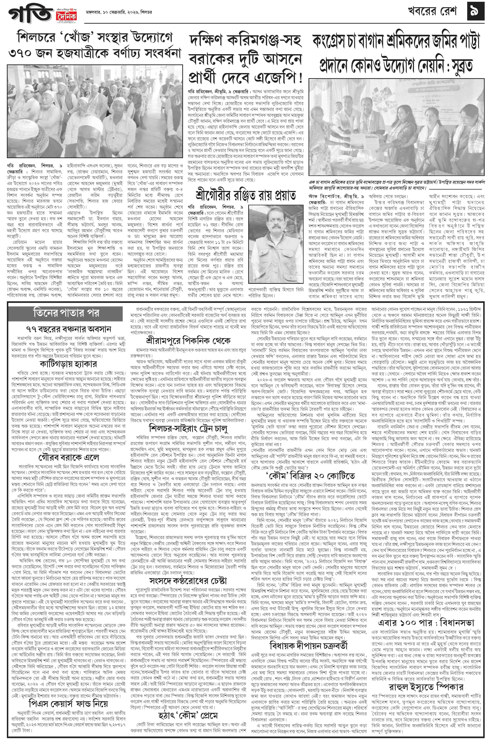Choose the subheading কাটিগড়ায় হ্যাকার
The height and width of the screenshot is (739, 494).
[68, 363]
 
